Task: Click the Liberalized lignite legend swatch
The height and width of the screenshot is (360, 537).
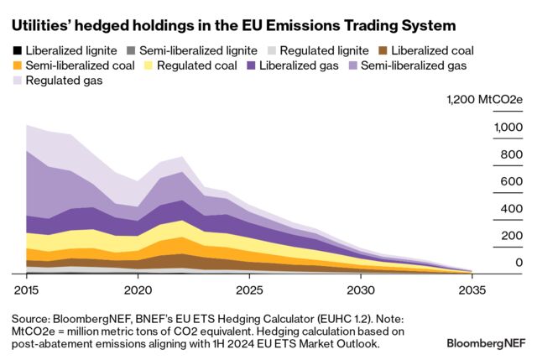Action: [17, 50]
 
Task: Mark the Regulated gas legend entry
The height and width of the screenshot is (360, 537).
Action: [60, 81]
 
